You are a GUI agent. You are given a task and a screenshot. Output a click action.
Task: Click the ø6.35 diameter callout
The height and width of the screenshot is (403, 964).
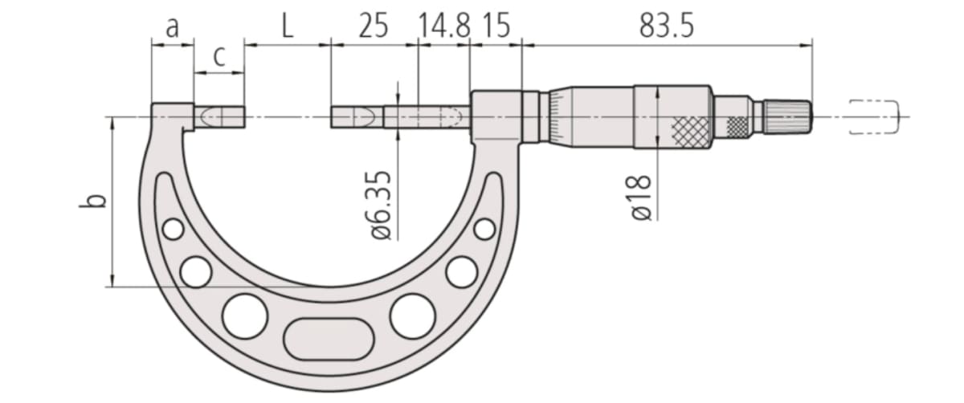pyautogui.click(x=383, y=205)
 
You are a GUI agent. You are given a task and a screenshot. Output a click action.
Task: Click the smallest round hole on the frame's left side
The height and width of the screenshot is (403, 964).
pyautogui.click(x=172, y=230)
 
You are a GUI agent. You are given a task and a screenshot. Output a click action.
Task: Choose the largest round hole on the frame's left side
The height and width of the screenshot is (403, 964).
pyautogui.click(x=244, y=315)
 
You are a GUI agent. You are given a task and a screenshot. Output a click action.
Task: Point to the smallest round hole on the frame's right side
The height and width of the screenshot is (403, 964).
pyautogui.click(x=484, y=229)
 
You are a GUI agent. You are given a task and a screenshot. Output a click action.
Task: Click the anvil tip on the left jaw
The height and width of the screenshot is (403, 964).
pyautogui.click(x=219, y=117)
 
